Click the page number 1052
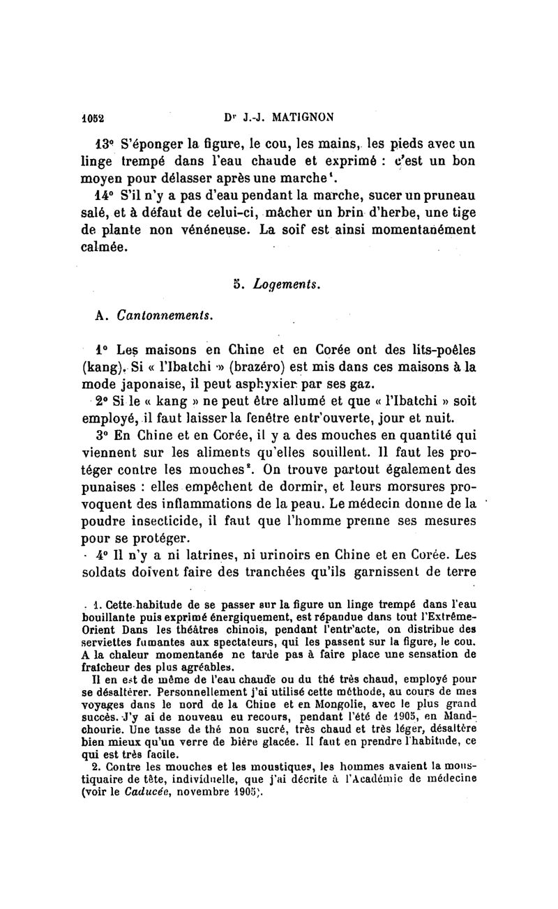92,116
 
